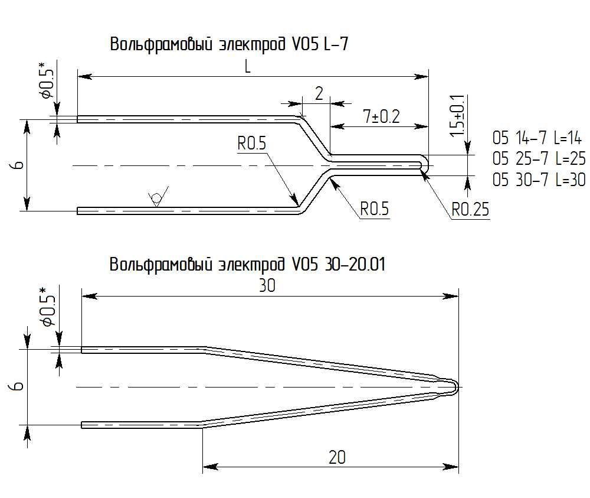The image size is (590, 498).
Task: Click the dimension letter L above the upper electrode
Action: pos(248,67)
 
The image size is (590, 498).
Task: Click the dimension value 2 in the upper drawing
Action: pos(319,94)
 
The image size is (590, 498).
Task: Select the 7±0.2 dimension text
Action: pos(381,116)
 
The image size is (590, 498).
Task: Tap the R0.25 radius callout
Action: pos(470,210)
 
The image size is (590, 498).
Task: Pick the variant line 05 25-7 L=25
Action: pos(538,160)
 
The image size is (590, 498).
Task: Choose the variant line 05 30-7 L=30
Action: pos(538,180)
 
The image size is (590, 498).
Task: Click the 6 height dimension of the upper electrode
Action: pos(18,165)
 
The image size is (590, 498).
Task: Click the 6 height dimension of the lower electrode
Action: pos(18,386)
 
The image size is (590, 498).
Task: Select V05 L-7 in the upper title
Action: pos(324,44)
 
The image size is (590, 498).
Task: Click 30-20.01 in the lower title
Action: pos(354,264)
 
